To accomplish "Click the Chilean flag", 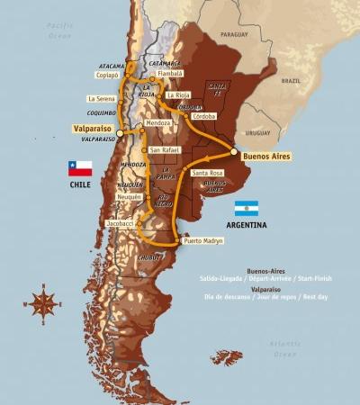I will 80,168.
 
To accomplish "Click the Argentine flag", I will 246,208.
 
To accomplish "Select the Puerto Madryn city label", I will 203,241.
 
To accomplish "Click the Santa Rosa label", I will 208,173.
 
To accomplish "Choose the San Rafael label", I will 165,149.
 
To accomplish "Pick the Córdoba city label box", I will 204,117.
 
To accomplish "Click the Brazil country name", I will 290,80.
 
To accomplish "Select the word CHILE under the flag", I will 81,184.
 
